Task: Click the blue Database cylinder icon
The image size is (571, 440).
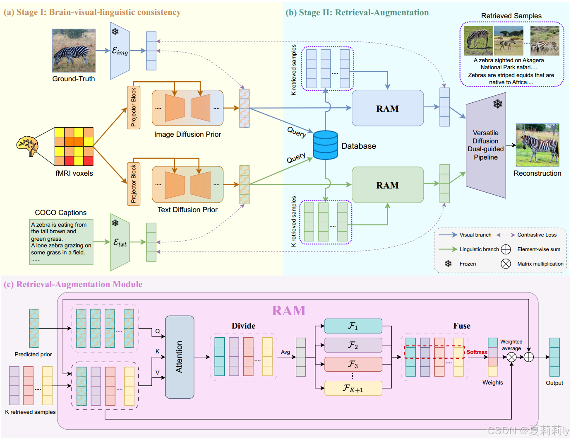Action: pyautogui.click(x=325, y=145)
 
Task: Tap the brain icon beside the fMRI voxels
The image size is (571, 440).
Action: pyautogui.click(x=27, y=146)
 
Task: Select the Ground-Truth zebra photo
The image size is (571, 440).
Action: pyautogui.click(x=74, y=51)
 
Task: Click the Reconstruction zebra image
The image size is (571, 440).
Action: pyautogui.click(x=537, y=145)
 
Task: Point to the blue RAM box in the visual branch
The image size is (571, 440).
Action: pyautogui.click(x=387, y=108)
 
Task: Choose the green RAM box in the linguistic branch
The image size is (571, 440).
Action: pyautogui.click(x=387, y=185)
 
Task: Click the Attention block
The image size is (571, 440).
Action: pyautogui.click(x=180, y=357)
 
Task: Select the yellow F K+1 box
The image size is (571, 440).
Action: pyautogui.click(x=353, y=388)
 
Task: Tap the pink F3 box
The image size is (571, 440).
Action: pyautogui.click(x=353, y=364)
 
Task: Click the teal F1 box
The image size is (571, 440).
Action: pyautogui.click(x=353, y=326)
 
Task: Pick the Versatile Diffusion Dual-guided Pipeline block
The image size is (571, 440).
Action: pyautogui.click(x=486, y=145)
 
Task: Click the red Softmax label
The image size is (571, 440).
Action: pyautogui.click(x=477, y=352)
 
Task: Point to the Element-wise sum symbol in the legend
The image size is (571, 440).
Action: pyautogui.click(x=506, y=249)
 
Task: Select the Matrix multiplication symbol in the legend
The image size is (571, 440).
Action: pyautogui.click(x=506, y=264)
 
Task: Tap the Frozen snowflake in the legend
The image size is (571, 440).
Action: pyautogui.click(x=448, y=264)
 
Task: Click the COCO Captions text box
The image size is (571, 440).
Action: pyautogui.click(x=61, y=242)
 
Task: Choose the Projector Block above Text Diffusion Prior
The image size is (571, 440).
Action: pyautogui.click(x=134, y=184)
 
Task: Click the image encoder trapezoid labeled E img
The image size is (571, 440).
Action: pyautogui.click(x=120, y=51)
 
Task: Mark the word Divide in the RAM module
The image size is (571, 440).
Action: pyautogui.click(x=243, y=326)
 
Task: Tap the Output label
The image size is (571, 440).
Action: pyautogui.click(x=554, y=383)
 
